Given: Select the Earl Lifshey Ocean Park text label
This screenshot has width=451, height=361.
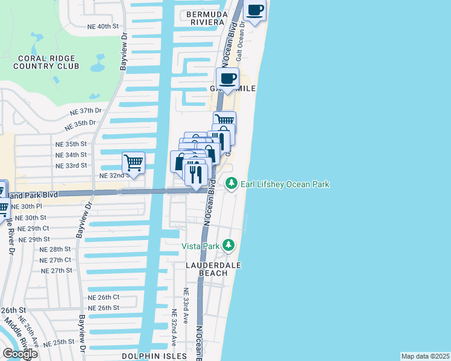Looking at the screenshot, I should tap(285, 184).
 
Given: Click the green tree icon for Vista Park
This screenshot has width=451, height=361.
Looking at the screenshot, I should tap(229, 245).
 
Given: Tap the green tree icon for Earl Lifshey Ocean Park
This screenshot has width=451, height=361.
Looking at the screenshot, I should tap(230, 184).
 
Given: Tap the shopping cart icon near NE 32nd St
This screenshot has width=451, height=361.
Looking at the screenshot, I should tap(133, 162).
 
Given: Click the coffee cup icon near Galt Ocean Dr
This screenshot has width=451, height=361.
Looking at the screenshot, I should tap(255, 11).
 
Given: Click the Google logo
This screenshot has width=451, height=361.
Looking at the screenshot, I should tap(20, 353).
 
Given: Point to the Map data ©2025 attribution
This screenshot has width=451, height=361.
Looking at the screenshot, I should tap(425, 356).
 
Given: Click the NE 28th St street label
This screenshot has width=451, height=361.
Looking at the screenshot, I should tap(55, 249).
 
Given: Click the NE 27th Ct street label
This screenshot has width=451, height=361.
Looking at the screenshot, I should tap(55, 260).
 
